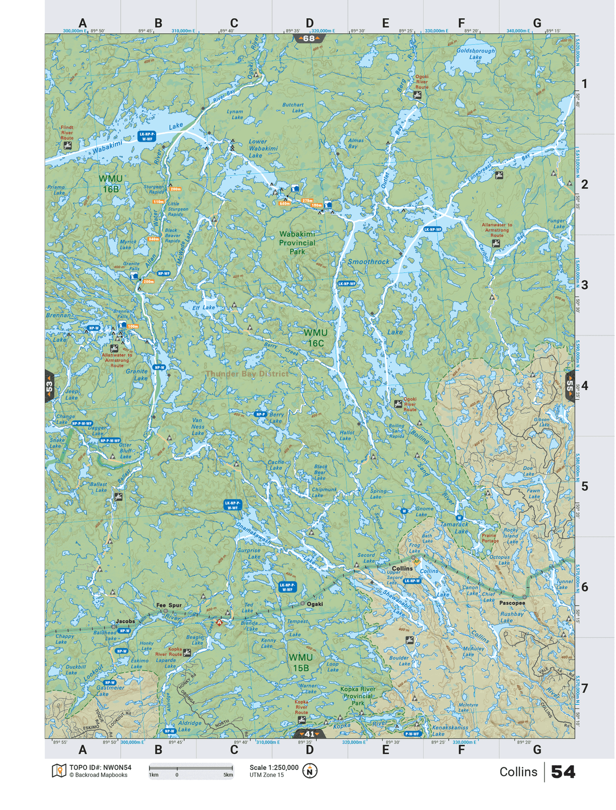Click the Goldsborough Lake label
[475, 54]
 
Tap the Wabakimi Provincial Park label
[297, 243]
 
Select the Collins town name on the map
[402, 569]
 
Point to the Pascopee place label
[512, 603]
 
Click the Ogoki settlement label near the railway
[315, 604]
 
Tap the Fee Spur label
[168, 605]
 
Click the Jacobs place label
[125, 621]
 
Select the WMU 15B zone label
[300, 663]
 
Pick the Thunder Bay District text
[247, 374]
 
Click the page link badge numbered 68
[309, 39]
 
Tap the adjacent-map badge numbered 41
[309, 734]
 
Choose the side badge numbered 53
[49, 386]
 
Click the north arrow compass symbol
[310, 771]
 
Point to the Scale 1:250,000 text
[274, 767]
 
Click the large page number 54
[563, 772]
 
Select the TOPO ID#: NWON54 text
[100, 767]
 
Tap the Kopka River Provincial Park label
[358, 696]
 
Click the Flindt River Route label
[67, 133]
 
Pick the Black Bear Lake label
[320, 472]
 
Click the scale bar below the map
[191, 768]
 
